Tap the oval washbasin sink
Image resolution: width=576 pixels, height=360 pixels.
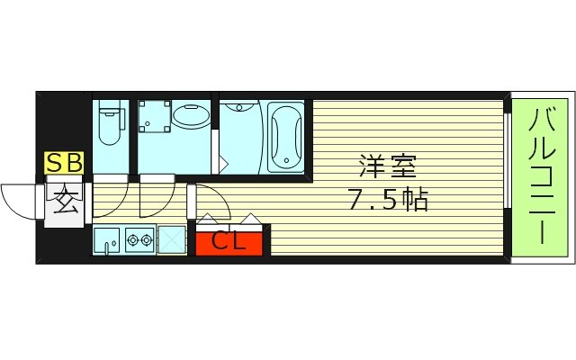(190, 116)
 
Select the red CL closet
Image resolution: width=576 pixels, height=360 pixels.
(229, 241)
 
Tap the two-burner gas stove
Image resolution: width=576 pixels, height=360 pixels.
(140, 240)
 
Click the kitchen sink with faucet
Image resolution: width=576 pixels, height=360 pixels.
(109, 241)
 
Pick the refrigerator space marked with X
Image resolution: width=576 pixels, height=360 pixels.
(171, 240)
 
